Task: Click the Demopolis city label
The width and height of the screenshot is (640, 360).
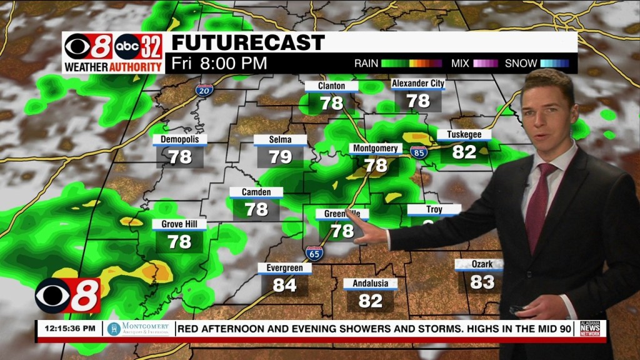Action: pos(179,139)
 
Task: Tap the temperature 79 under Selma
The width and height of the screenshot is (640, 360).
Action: pos(280,156)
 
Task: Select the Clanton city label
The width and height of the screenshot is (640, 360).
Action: pos(331,86)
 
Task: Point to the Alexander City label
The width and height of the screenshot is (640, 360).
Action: pos(417,84)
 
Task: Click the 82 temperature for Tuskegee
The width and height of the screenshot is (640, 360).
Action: pos(464,151)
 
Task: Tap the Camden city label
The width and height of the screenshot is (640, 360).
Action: pos(256,192)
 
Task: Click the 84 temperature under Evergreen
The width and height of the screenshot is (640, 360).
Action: pos(284,285)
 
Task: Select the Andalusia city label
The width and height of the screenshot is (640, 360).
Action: pos(370,284)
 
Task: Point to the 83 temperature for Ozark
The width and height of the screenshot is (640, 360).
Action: pos(482,282)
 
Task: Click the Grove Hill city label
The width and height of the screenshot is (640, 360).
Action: pos(179,224)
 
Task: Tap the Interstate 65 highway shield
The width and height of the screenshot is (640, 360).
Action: pos(314,254)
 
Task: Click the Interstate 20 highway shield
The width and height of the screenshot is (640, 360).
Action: pos(203,90)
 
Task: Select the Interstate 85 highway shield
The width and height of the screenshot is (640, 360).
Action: pos(419,151)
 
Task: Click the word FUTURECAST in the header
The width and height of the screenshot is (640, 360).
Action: pos(248,42)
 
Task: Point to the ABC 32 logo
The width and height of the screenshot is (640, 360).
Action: pos(139,46)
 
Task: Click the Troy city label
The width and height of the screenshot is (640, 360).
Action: pos(434,210)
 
